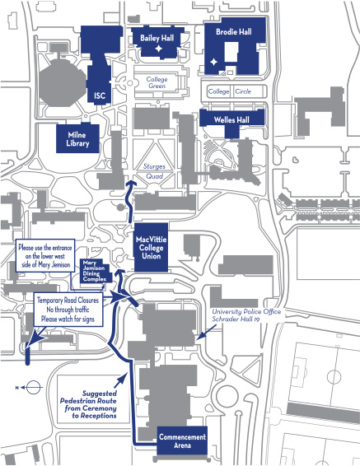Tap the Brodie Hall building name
(x=233, y=32)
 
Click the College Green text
(x=157, y=82)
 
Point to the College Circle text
(x=230, y=91)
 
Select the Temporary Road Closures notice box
(x=68, y=310)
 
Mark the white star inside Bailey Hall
(x=157, y=50)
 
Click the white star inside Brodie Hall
(x=214, y=62)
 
